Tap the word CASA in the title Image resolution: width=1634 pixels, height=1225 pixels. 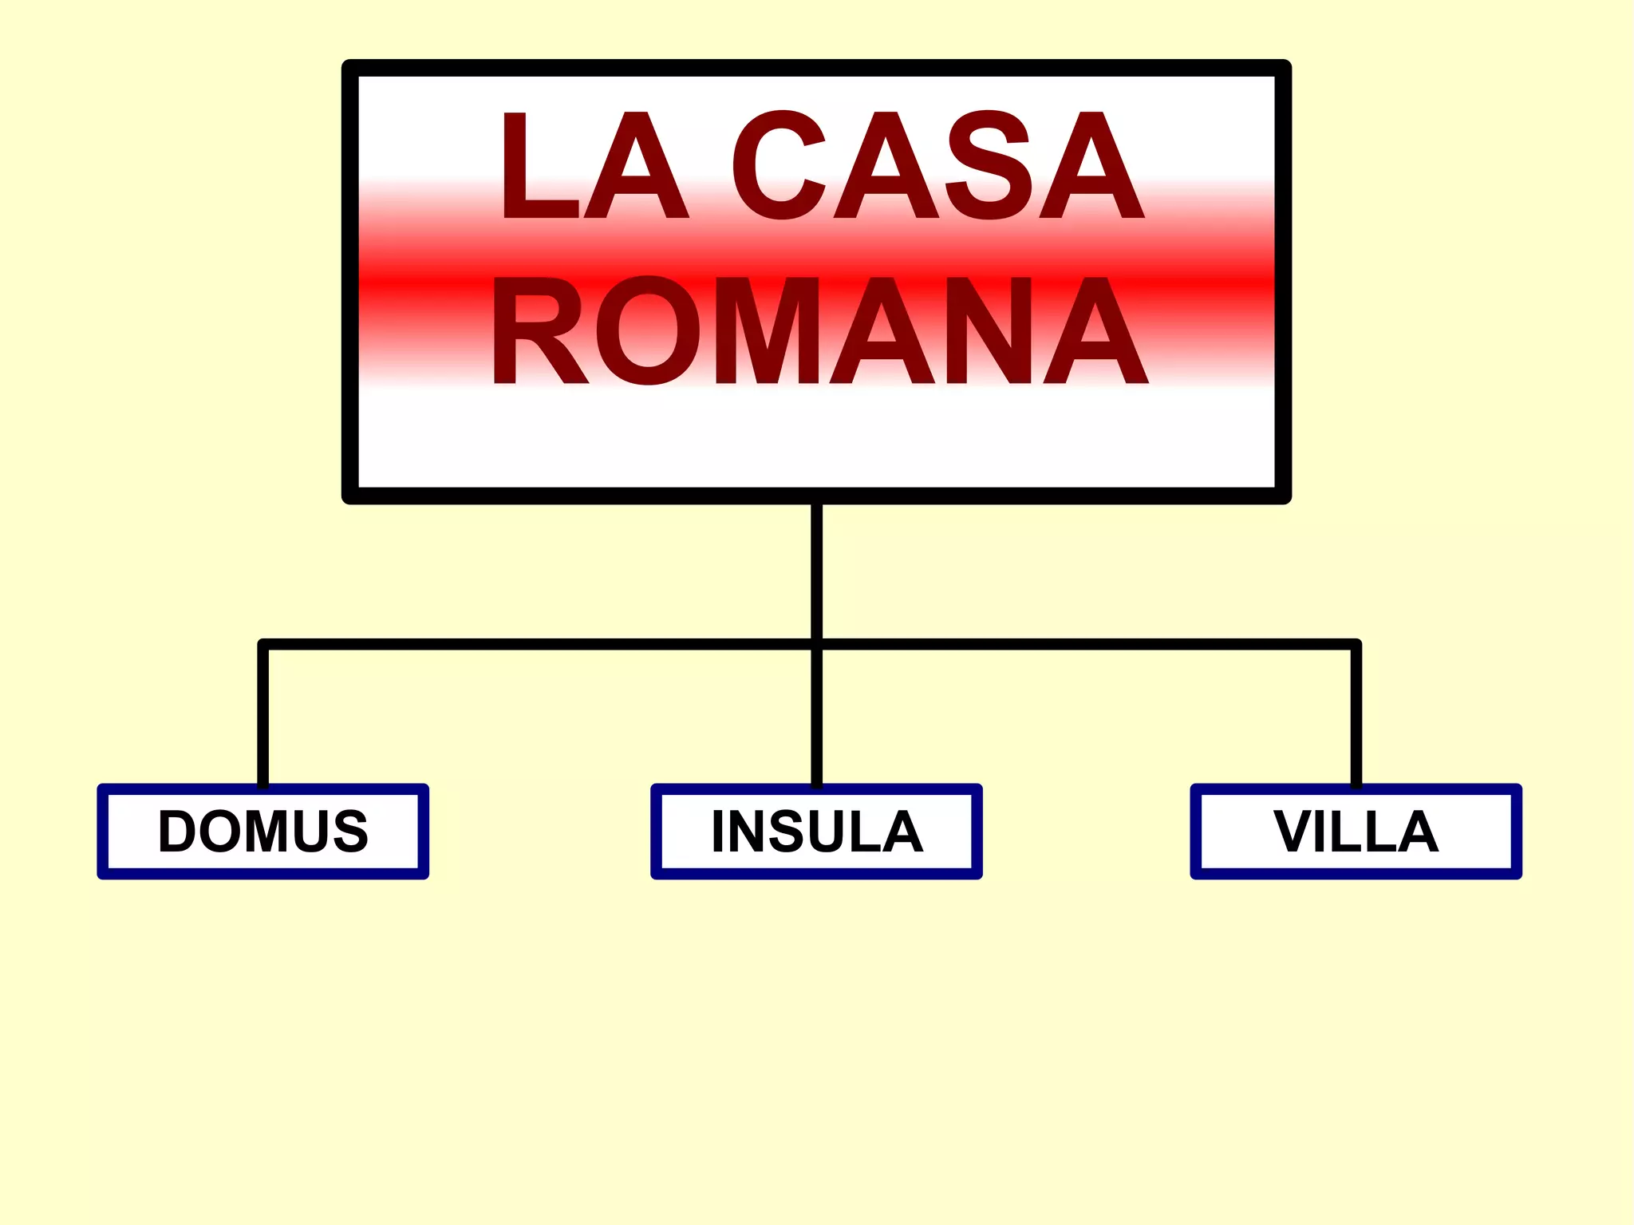click(x=938, y=165)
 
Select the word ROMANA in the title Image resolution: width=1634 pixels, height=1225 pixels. click(x=819, y=330)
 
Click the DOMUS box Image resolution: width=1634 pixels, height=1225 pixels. click(x=262, y=831)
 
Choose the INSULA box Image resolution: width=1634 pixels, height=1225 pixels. click(x=816, y=831)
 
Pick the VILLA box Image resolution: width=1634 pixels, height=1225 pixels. click(x=1356, y=831)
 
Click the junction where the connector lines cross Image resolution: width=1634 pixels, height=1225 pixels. click(x=816, y=643)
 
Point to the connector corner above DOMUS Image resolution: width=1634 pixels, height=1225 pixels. click(x=263, y=644)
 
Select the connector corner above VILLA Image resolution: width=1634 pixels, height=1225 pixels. click(x=1356, y=644)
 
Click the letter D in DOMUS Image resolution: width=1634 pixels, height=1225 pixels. click(x=177, y=831)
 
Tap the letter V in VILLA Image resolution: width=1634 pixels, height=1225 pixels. click(x=1293, y=832)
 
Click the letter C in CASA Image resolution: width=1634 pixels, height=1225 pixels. click(x=777, y=165)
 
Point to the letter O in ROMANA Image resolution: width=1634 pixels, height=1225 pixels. click(x=647, y=330)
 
